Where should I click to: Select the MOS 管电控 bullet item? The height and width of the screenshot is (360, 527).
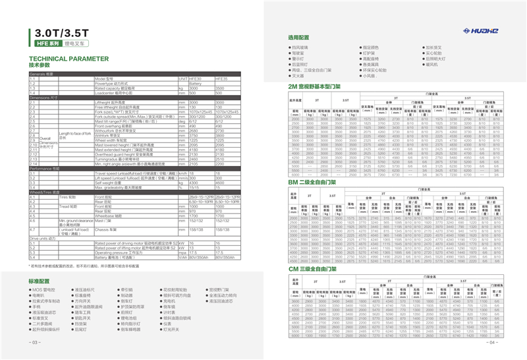pyautogui.click(x=45, y=289)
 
